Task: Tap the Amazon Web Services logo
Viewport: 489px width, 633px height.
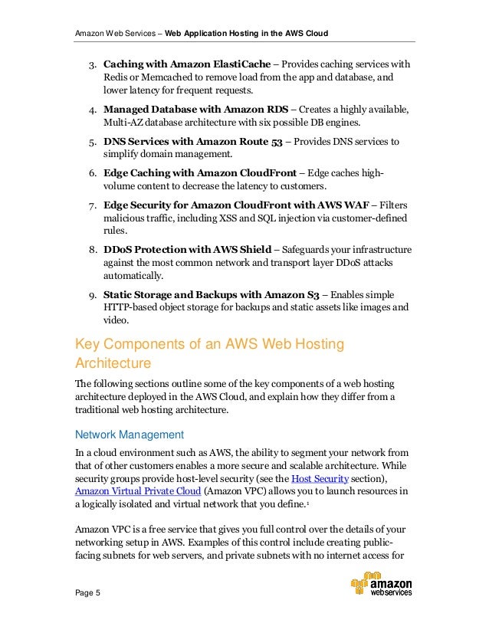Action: click(382, 585)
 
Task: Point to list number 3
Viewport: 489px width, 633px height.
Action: click(90, 64)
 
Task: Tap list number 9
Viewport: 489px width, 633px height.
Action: click(90, 294)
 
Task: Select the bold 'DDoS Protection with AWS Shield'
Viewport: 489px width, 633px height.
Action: click(188, 249)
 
